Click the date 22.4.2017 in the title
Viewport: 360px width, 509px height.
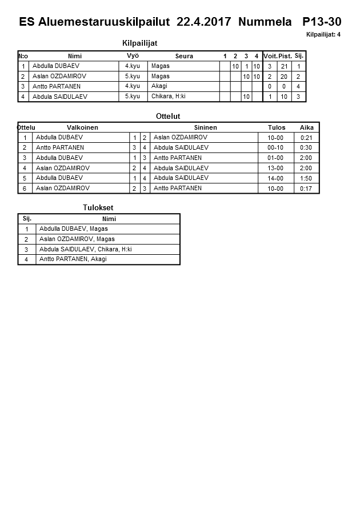[x=204, y=22]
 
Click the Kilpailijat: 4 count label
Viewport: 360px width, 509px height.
[x=323, y=35]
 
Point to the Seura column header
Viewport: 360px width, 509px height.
[x=184, y=56]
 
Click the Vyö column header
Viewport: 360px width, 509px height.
[x=133, y=55]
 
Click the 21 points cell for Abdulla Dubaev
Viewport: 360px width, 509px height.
[x=285, y=66]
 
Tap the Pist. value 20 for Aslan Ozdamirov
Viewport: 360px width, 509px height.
[x=285, y=77]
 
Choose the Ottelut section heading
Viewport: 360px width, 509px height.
[x=168, y=116]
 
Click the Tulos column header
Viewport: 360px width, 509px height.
[x=277, y=127]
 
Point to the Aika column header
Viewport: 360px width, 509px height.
[x=306, y=127]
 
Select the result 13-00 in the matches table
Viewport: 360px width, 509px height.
[x=275, y=168]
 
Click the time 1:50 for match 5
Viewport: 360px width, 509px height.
[x=306, y=178]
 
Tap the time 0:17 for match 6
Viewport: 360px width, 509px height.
[x=306, y=189]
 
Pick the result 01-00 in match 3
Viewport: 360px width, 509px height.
[x=275, y=158]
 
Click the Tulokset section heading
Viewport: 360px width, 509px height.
[x=94, y=207]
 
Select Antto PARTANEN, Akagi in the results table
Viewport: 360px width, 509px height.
[x=73, y=259]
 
